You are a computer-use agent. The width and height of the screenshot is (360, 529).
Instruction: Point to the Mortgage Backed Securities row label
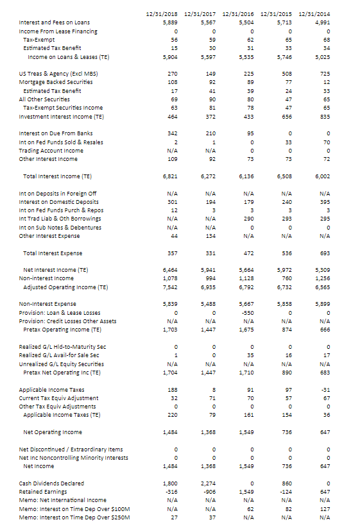[x=56, y=81]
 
